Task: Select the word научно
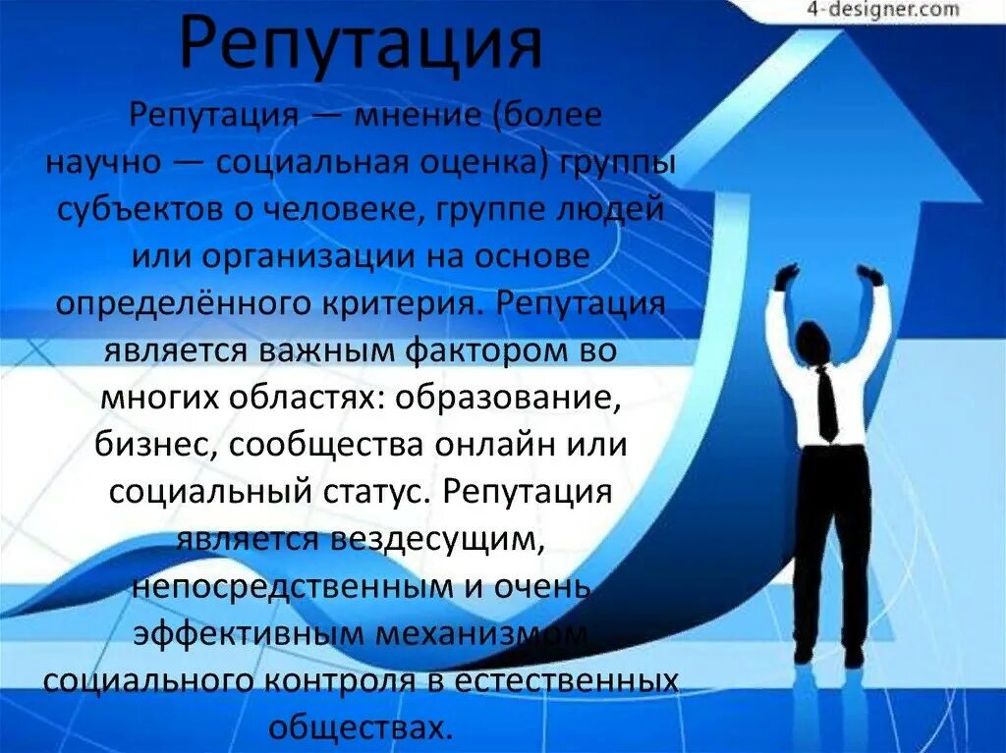[102, 163]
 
